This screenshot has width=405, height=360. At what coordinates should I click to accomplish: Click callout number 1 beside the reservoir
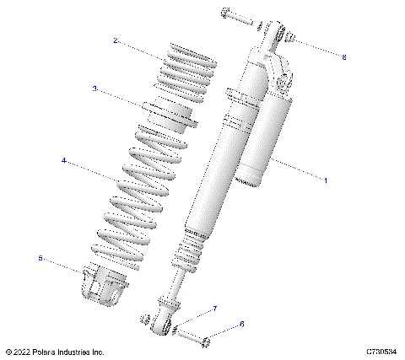click(x=326, y=180)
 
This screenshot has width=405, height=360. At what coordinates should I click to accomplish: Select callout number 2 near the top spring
click(x=115, y=40)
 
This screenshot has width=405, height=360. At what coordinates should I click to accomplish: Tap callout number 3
click(x=95, y=88)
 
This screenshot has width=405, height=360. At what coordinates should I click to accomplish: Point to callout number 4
click(x=63, y=159)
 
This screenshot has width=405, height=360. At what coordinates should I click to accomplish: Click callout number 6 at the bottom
click(x=241, y=324)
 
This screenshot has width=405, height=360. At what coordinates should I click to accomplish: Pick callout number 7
click(x=214, y=309)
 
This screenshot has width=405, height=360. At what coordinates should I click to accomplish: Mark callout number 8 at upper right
click(x=344, y=57)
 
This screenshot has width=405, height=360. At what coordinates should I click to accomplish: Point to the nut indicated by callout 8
click(x=289, y=38)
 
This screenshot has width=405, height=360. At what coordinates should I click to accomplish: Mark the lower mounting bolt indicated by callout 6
click(x=196, y=338)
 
